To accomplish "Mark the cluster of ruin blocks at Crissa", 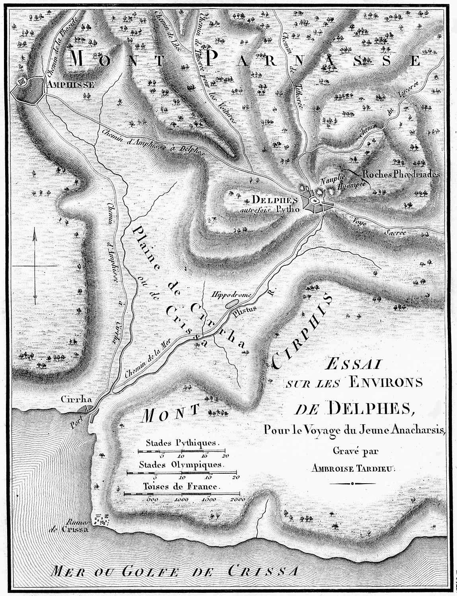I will tap(101, 519).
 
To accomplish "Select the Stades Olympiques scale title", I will tap(182, 465).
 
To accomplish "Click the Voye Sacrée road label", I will tap(374, 227).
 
